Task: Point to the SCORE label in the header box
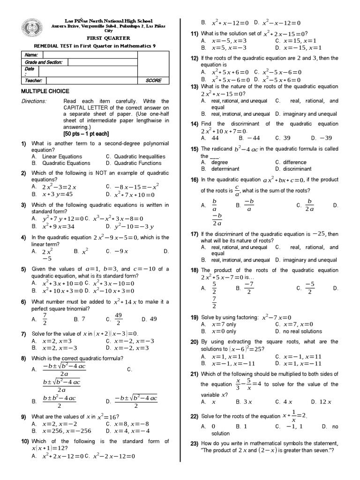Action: [x=153, y=81]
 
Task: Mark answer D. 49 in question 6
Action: [x=152, y=319]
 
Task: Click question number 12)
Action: [x=194, y=58]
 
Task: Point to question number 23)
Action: [x=194, y=443]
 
